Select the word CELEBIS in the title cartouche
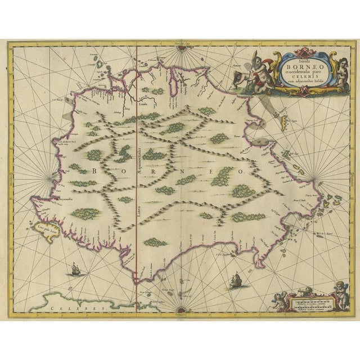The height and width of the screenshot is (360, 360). pyautogui.click(x=297, y=76)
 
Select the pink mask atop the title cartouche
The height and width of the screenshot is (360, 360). pyautogui.click(x=297, y=49)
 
